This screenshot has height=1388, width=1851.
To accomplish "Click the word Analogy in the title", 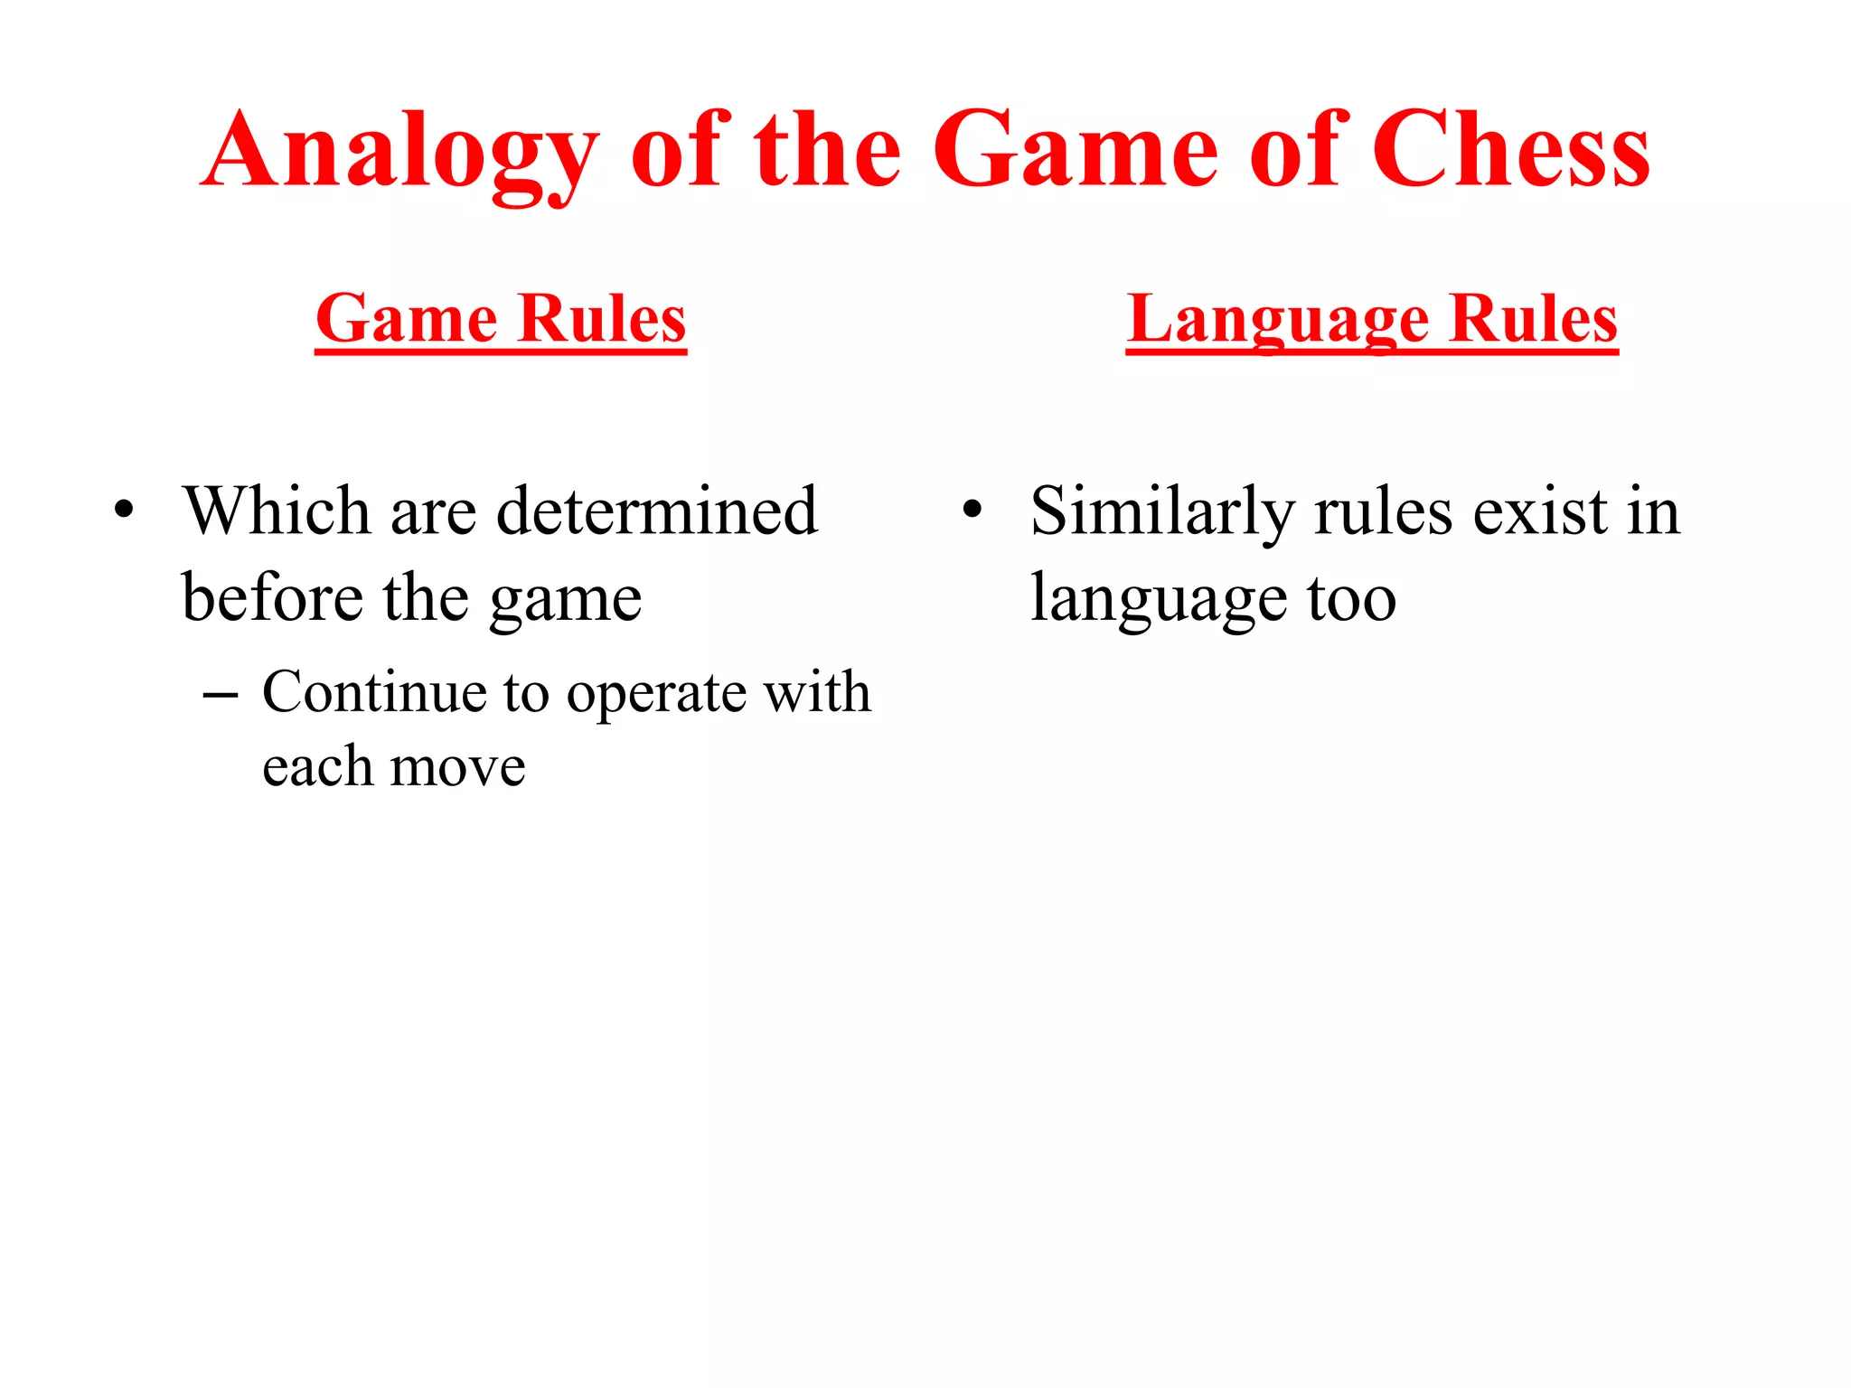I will coord(400,152).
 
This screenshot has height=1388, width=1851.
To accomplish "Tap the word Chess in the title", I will coord(1510,152).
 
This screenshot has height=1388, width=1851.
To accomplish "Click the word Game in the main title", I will coord(1076,152).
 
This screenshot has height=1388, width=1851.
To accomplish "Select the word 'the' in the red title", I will coord(828,152).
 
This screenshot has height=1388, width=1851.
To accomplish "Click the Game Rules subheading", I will coord(501,319).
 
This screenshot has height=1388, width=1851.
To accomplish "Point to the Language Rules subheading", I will coord(1371,319).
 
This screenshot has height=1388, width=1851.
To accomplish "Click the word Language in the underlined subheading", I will coord(1277,319).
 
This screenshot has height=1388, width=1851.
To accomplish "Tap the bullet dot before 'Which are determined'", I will coord(124,510).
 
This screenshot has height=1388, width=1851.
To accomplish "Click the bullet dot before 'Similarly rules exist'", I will coord(972,510).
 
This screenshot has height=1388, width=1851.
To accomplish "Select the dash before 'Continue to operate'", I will coord(221,696).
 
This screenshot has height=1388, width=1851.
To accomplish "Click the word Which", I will coord(277,511).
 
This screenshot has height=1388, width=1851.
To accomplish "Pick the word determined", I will coord(657,511).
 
